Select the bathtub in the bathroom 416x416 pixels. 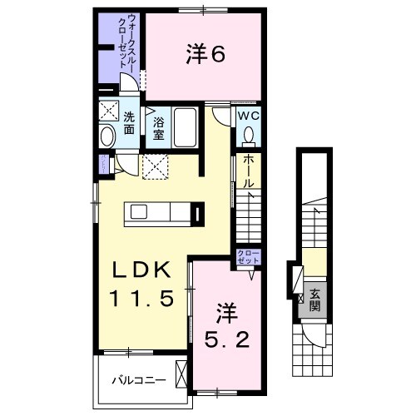click(185, 129)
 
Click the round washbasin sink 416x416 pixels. click(107, 136)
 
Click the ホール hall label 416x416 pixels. click(248, 171)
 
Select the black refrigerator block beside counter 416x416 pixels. click(196, 214)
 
